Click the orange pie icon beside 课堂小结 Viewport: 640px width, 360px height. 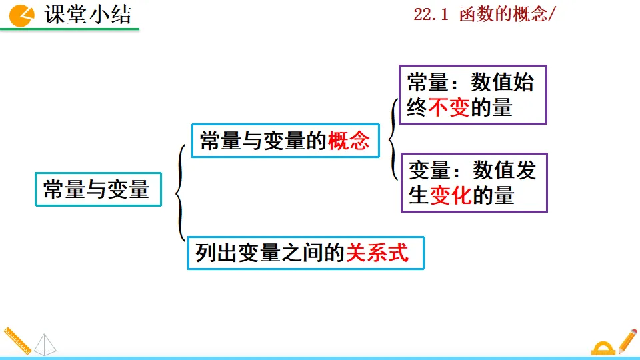22,15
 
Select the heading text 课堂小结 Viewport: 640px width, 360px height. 88,15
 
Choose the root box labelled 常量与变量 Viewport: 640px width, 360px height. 97,189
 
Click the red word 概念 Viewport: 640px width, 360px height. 349,141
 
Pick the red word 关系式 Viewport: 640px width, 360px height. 377,253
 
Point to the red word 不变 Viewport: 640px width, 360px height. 449,108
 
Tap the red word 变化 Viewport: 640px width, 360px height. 451,195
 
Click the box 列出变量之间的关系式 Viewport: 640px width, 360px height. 305,253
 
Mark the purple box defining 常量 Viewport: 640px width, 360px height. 473,95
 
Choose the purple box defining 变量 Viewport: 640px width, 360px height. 474,183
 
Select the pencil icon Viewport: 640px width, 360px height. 627,340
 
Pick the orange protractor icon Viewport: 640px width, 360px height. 603,347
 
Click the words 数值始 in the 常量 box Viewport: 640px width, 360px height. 501,83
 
